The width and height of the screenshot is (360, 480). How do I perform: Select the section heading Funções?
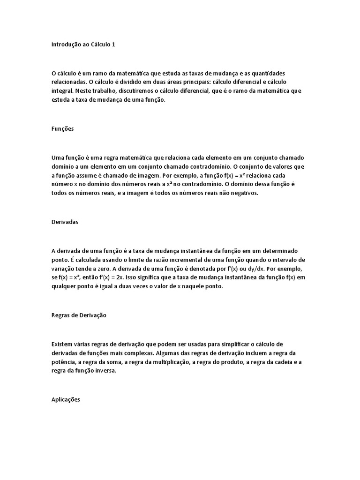coord(62,129)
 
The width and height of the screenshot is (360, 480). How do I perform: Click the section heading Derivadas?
coord(65,222)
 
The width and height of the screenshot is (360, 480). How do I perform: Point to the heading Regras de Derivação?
coord(79,315)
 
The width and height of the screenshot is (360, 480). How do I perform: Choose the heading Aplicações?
coord(66,399)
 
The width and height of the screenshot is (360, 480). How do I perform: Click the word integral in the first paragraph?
coord(61,91)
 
